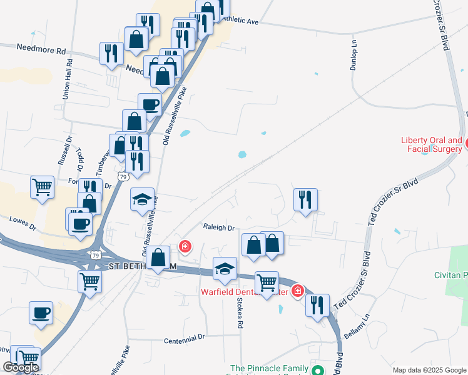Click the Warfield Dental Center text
[x=244, y=291]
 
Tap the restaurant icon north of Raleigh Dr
[x=305, y=200]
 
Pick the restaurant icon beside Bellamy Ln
[x=318, y=305]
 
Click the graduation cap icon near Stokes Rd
[x=225, y=268]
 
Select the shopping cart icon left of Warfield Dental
[x=267, y=282]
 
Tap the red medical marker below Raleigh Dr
[x=185, y=247]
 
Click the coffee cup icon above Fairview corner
[x=41, y=312]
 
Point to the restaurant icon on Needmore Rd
[x=111, y=53]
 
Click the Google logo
[x=21, y=367]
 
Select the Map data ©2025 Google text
[x=429, y=370]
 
